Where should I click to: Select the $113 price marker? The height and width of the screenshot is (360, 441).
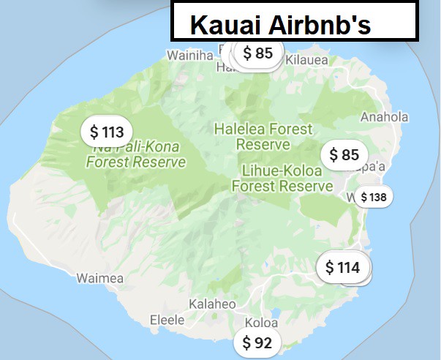(107, 132)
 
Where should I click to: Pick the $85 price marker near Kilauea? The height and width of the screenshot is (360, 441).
(257, 53)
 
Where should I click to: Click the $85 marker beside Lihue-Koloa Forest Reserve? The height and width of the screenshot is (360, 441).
(344, 155)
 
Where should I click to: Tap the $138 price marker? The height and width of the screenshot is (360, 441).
(373, 198)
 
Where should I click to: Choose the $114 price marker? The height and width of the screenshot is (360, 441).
(342, 268)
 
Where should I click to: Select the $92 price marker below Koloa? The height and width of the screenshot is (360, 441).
(257, 342)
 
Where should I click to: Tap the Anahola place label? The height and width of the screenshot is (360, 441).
(384, 117)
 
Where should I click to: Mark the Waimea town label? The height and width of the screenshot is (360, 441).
(96, 278)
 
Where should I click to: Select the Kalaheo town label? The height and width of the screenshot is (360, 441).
(212, 304)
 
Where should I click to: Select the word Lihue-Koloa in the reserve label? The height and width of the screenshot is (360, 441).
(282, 171)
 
